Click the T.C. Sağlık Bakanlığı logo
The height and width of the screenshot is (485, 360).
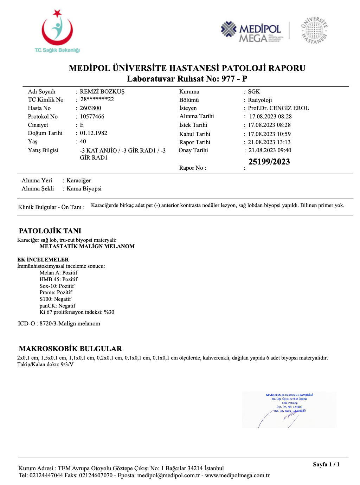[57, 32]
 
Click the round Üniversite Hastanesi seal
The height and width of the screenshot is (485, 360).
[314, 31]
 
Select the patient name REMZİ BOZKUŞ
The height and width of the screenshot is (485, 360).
[102, 92]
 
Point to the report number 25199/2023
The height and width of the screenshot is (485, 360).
[269, 162]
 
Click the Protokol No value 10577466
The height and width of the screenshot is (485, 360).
[92, 117]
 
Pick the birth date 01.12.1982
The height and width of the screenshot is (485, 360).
[94, 133]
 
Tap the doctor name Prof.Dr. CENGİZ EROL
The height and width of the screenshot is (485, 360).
[278, 108]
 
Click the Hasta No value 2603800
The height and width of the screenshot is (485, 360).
[90, 108]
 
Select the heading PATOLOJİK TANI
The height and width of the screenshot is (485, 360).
[50, 231]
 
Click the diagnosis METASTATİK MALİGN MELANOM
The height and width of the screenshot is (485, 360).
[87, 246]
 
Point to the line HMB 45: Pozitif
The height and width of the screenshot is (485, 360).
[58, 279]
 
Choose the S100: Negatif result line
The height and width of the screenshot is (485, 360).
[55, 299]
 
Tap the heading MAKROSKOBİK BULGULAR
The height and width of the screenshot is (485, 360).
[70, 349]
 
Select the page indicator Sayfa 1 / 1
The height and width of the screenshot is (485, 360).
[326, 465]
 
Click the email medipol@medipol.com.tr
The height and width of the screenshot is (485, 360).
[168, 476]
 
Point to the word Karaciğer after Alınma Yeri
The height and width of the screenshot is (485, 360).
[79, 181]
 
